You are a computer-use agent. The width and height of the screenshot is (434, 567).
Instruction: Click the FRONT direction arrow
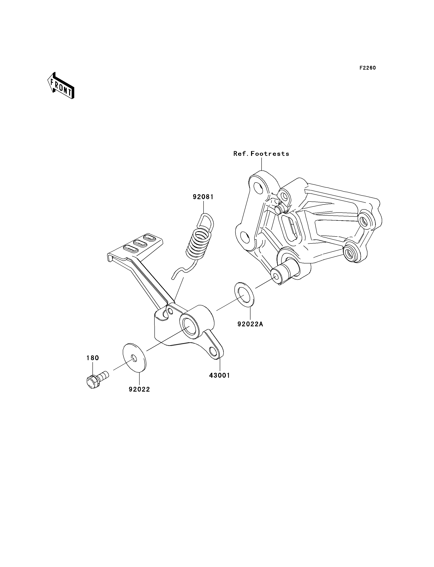pos(61,86)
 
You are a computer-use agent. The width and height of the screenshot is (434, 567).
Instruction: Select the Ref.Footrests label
pos(261,154)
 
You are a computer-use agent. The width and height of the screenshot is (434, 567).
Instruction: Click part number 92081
pos(203,197)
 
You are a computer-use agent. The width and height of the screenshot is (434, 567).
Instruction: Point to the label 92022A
pos(250,324)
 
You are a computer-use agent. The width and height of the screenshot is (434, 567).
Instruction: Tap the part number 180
pos(92,358)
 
